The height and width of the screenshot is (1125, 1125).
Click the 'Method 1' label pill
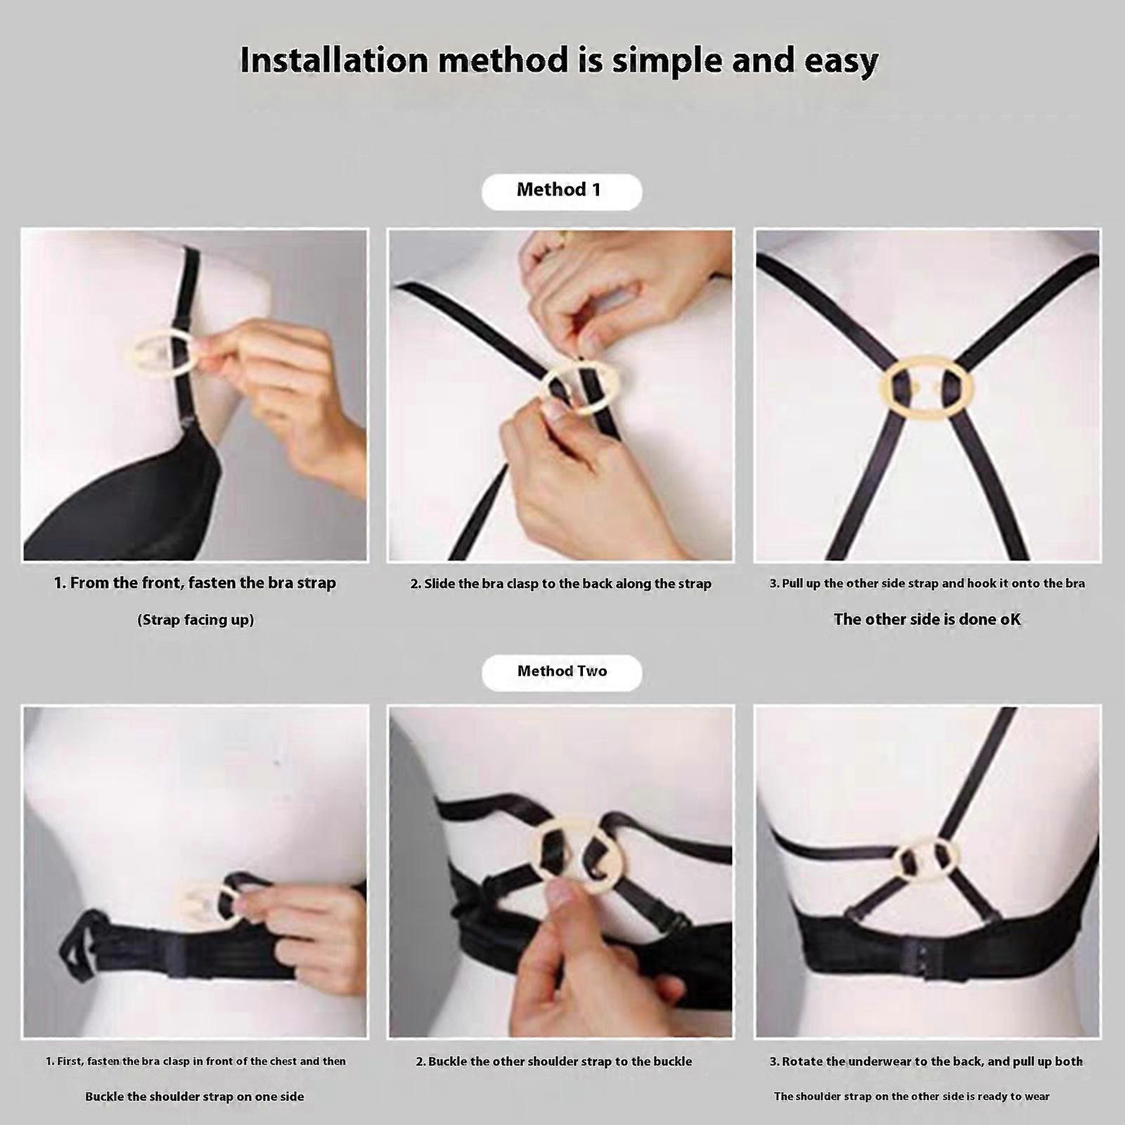point(562,191)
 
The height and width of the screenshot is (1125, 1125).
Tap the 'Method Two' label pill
point(562,671)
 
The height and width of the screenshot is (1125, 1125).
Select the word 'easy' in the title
point(840,62)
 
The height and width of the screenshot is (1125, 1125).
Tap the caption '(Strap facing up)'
point(195,619)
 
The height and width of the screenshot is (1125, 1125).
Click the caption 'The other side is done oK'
point(927,619)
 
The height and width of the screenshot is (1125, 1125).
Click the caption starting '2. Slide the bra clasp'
point(561,584)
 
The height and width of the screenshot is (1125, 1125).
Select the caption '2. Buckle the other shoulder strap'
point(554,1062)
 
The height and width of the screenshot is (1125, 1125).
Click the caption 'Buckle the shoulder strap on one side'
point(195,1096)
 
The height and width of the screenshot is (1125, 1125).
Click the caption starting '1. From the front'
point(195,583)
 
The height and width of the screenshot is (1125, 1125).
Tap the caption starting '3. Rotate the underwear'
point(926,1062)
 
